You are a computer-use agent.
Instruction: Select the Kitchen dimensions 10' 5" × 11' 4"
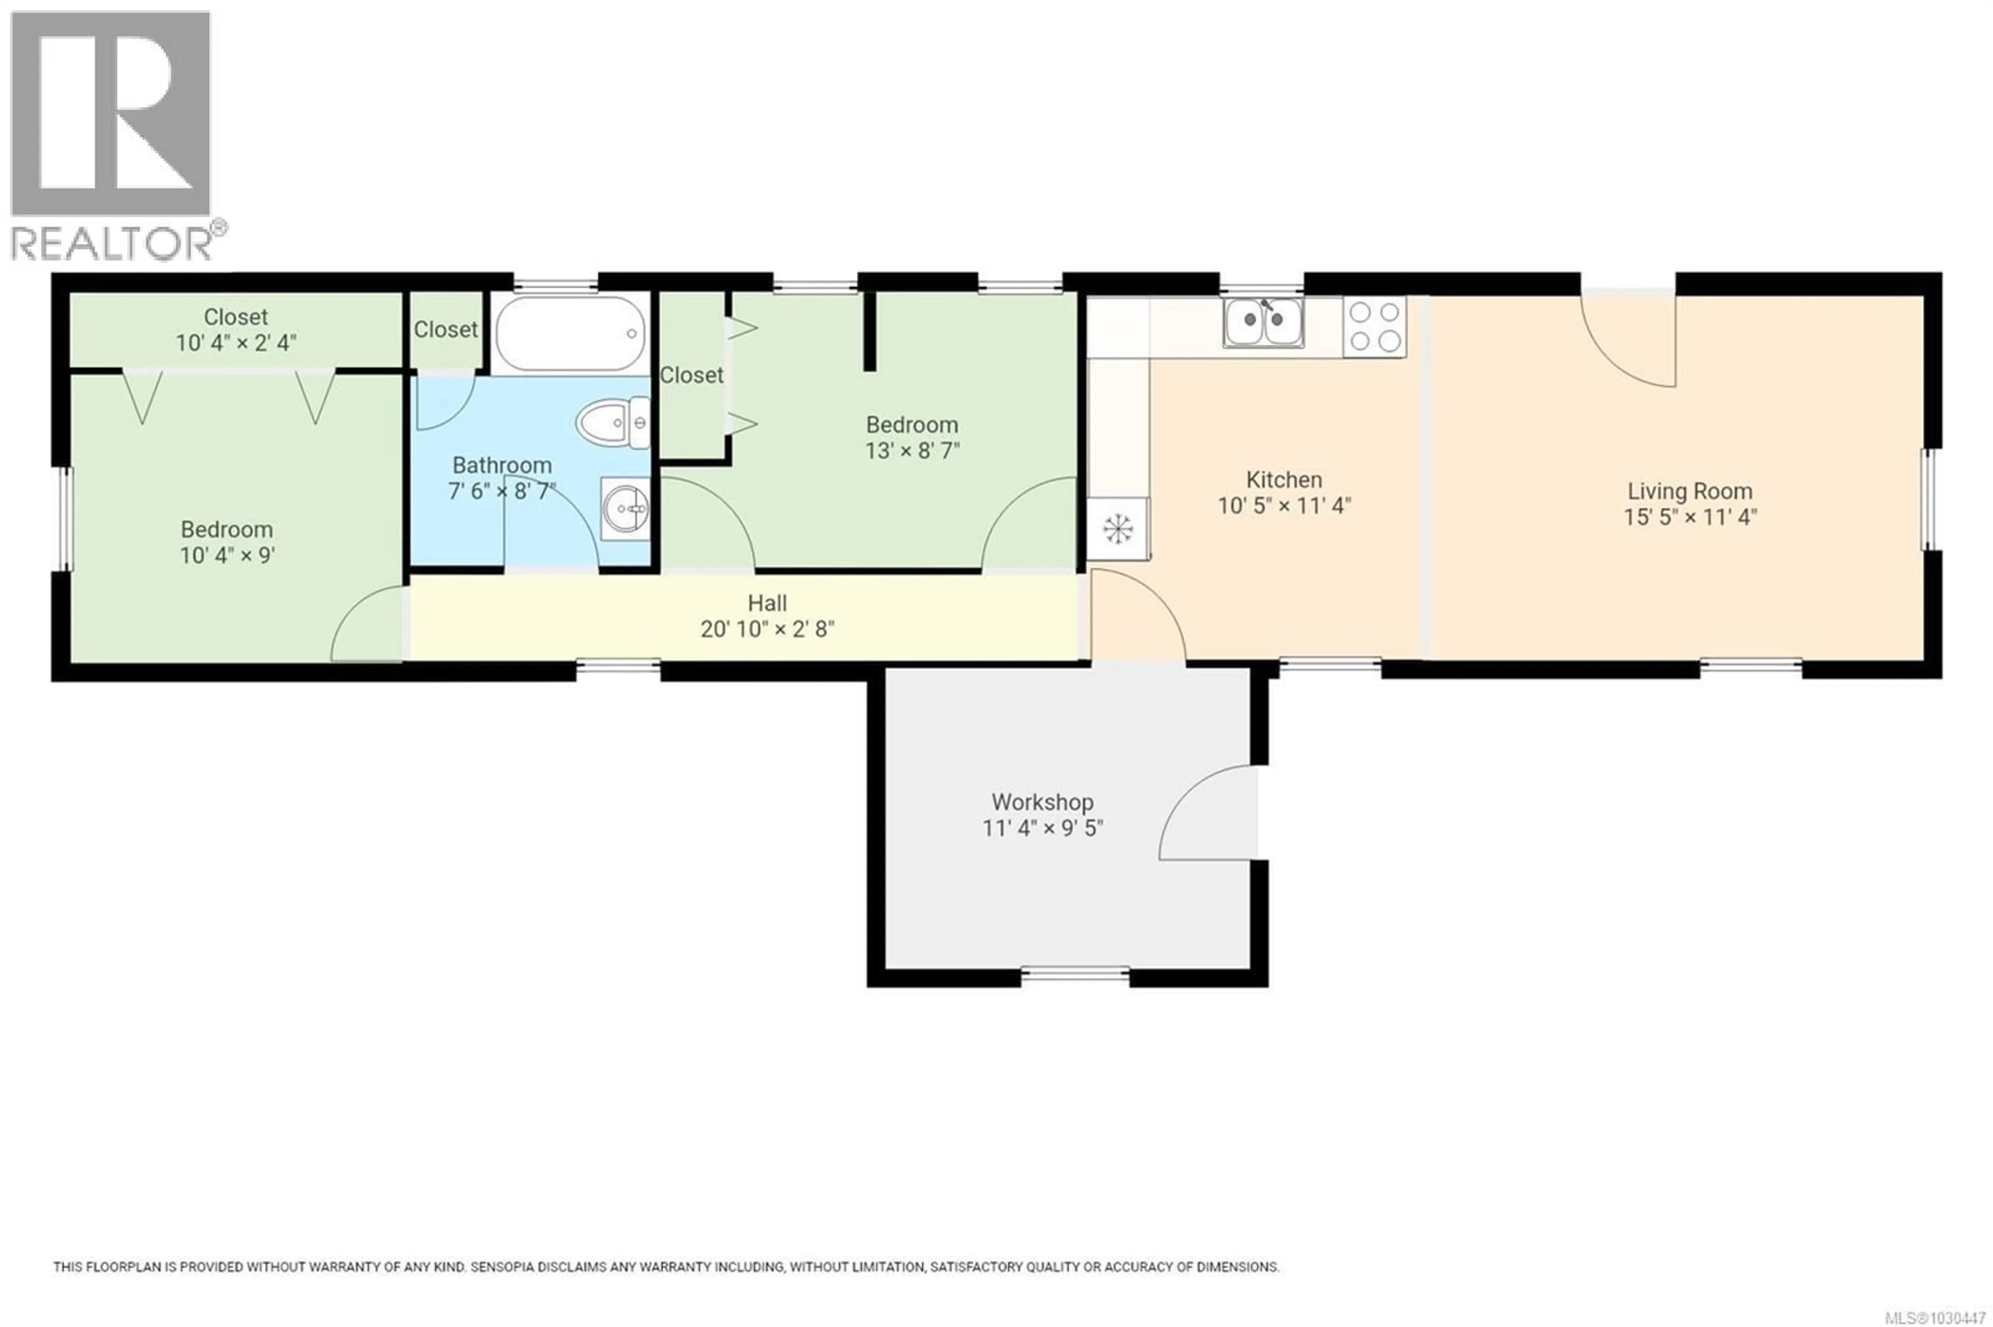click(x=1284, y=506)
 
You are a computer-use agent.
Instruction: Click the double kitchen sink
click(x=1262, y=323)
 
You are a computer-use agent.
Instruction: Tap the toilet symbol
click(x=613, y=421)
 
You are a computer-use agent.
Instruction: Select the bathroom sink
click(x=625, y=508)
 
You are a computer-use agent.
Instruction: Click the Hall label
click(x=767, y=603)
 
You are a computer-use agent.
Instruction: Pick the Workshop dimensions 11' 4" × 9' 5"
click(x=1042, y=827)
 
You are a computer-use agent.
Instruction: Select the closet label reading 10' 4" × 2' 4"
click(x=235, y=343)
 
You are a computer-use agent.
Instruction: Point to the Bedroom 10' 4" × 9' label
click(x=226, y=543)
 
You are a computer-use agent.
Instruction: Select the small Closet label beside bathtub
click(x=445, y=329)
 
